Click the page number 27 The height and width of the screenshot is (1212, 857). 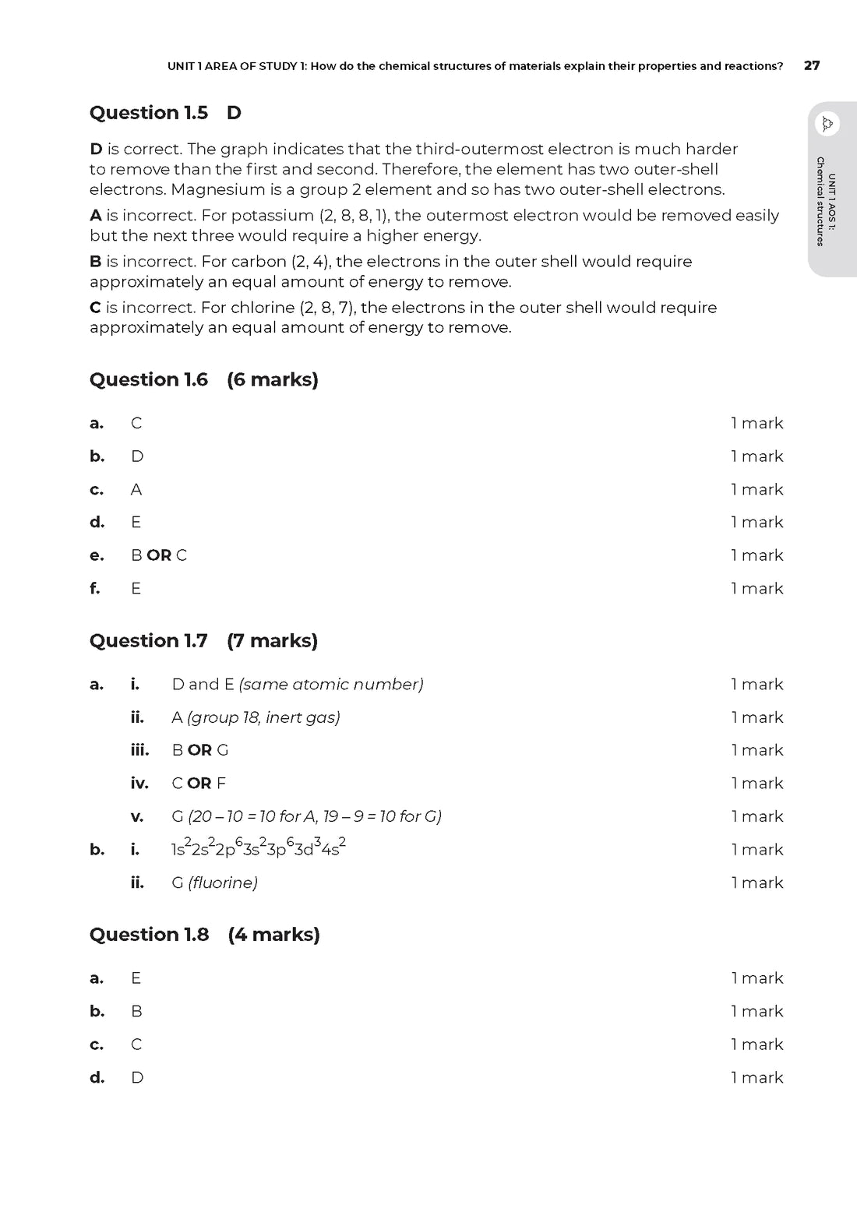click(811, 66)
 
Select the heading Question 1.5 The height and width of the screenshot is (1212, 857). click(149, 113)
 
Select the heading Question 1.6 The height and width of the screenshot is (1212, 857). click(149, 380)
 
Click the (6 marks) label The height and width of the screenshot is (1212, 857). click(273, 380)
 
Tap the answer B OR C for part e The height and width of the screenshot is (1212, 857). click(159, 555)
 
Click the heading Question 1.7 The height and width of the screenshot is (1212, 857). click(149, 641)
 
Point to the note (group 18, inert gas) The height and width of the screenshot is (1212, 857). click(263, 717)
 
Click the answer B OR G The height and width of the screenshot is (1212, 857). click(200, 750)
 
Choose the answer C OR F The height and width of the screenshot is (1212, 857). click(199, 784)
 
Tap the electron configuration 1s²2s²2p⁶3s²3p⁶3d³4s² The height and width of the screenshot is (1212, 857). click(259, 848)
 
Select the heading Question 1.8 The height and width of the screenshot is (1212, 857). click(150, 935)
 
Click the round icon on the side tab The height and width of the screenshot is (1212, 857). click(827, 124)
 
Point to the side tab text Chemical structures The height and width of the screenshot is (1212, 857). click(820, 202)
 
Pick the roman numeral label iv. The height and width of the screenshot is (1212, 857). click(139, 784)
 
